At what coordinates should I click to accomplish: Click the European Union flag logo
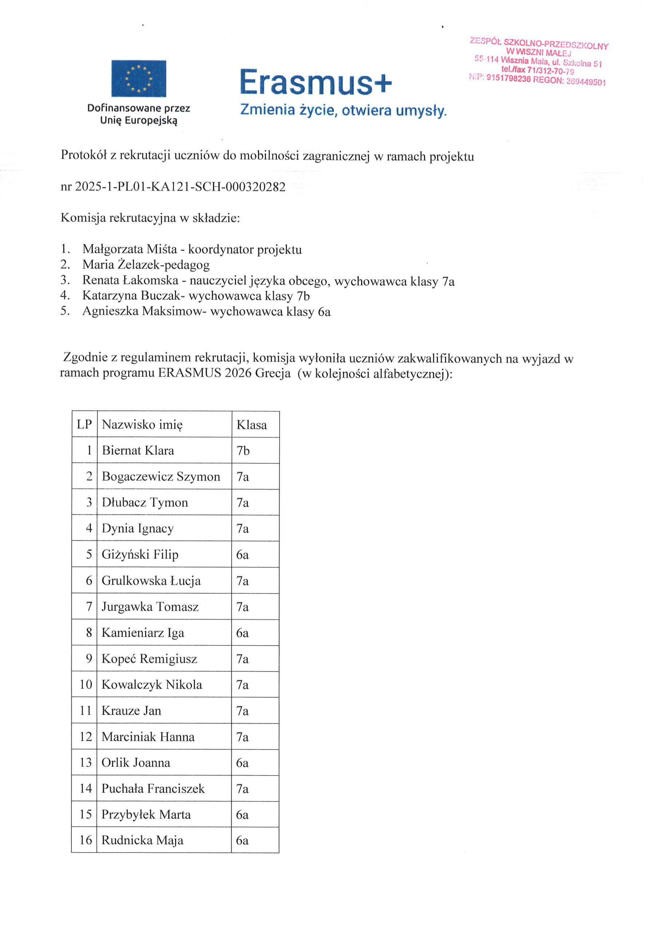tap(138, 79)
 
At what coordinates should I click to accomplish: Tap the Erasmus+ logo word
tap(316, 83)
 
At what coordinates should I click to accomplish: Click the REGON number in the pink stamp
tap(586, 82)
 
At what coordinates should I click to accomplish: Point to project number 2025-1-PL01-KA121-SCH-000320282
tap(180, 187)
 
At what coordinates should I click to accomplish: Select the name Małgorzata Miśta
tap(130, 249)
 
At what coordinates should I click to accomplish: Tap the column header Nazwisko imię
tap(142, 424)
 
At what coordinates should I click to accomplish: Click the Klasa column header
tap(252, 425)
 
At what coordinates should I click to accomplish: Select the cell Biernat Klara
tap(138, 451)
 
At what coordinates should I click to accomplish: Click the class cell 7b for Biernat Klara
tap(243, 451)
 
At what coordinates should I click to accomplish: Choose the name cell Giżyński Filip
tap(140, 554)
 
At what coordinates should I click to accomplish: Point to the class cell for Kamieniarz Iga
tap(242, 633)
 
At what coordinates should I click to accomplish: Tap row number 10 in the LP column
tap(86, 684)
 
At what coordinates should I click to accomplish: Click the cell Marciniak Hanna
tap(148, 736)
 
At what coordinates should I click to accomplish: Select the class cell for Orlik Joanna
tap(242, 763)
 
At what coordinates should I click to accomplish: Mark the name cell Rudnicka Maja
tap(142, 840)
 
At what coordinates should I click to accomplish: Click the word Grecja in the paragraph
tap(273, 373)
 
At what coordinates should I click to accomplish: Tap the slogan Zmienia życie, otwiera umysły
tap(343, 110)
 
